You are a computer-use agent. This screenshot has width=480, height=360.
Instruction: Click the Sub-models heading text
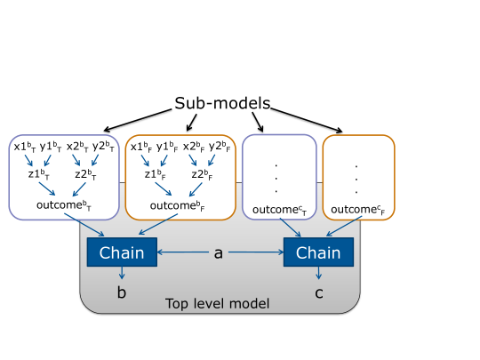(x=222, y=103)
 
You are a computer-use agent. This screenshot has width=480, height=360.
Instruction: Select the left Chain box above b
(x=122, y=252)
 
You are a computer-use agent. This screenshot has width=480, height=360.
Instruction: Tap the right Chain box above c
(x=319, y=252)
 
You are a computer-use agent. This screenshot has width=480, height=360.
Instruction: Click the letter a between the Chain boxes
(x=219, y=253)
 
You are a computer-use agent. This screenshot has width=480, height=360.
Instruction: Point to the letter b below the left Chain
(x=122, y=292)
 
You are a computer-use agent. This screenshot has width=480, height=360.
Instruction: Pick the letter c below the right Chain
(x=319, y=293)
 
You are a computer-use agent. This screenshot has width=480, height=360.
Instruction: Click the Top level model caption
(x=218, y=304)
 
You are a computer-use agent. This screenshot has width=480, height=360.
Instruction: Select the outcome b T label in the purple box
(x=64, y=205)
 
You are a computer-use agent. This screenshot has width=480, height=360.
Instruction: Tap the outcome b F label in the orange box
(x=177, y=205)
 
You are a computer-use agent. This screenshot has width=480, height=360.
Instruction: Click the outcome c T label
(x=279, y=210)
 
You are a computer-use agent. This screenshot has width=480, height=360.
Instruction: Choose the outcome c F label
(x=358, y=210)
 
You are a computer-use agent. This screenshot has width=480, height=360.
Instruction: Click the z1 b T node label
(x=38, y=174)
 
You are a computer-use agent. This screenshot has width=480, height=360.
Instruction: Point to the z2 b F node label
(x=202, y=174)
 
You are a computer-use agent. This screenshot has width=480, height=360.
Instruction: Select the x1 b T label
(x=25, y=147)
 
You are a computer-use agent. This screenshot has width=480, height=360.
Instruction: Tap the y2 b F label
(x=220, y=147)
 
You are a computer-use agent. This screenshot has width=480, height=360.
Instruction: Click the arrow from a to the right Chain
(x=256, y=252)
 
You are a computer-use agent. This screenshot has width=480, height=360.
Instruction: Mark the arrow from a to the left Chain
(x=183, y=252)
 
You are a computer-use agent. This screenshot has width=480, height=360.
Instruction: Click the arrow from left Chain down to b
(x=122, y=273)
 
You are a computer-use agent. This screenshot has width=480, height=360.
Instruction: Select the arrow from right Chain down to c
(x=319, y=273)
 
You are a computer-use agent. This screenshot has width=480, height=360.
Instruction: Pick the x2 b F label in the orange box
(x=194, y=147)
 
